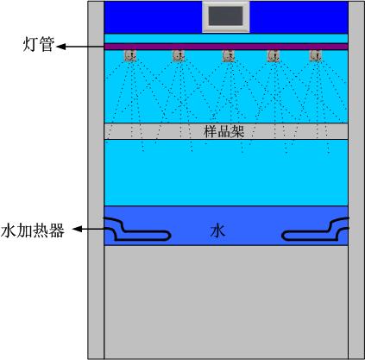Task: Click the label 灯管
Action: [x=39, y=44]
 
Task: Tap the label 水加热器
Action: [x=32, y=231]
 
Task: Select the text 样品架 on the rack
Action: [x=224, y=131]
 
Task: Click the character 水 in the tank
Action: [x=217, y=231]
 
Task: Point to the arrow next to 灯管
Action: [x=80, y=47]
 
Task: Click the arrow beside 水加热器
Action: [x=88, y=229]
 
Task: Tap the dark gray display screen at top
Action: [x=225, y=16]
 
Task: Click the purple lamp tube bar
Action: [x=226, y=47]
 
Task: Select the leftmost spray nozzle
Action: [x=130, y=55]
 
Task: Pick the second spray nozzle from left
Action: [x=179, y=55]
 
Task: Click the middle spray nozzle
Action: [x=229, y=56]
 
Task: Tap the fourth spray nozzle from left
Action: [x=274, y=56]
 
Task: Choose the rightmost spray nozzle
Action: [x=316, y=55]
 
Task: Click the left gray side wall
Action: [x=96, y=180]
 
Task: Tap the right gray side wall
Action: [x=356, y=180]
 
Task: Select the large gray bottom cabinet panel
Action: [x=226, y=302]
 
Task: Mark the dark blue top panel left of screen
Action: [x=153, y=17]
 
